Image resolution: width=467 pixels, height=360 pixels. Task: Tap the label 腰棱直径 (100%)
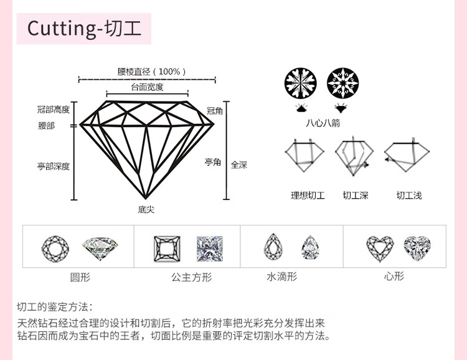pos(152,72)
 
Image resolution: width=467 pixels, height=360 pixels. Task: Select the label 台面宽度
pos(147,87)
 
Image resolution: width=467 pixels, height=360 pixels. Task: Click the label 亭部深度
pos(54,166)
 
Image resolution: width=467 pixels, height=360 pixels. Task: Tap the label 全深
pos(239,165)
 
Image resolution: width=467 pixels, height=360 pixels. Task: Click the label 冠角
pos(214,111)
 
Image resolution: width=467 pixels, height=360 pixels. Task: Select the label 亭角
pos(213,162)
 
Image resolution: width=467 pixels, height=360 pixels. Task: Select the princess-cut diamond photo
pos(209,248)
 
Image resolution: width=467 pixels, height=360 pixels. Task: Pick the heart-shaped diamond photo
pos(417,248)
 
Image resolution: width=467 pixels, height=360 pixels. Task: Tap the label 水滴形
pos(282,276)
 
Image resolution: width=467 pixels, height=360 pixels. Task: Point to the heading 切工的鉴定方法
pos(55,307)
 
